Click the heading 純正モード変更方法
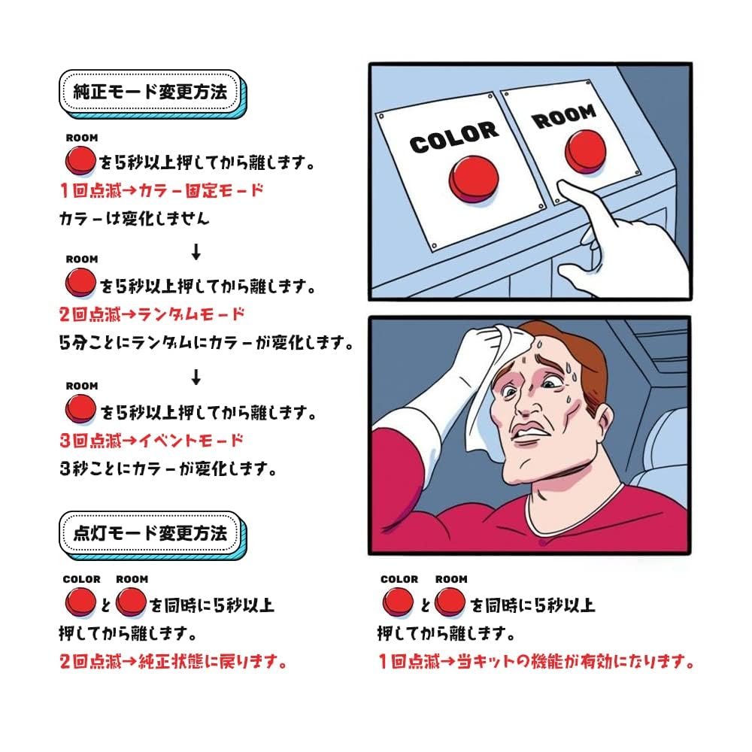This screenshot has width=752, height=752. (150, 92)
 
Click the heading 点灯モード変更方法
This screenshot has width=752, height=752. (150, 533)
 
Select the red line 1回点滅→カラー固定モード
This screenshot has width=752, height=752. (162, 190)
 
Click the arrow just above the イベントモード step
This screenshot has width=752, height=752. (196, 376)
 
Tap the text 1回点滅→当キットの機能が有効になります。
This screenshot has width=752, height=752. (535, 663)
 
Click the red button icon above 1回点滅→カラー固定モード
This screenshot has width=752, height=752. (80, 159)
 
